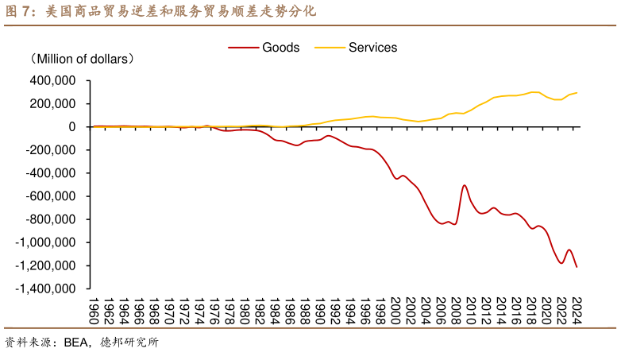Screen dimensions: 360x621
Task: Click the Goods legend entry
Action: (x=280, y=48)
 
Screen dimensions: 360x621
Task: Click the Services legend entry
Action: (x=372, y=48)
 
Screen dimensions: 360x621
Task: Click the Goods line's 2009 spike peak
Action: (x=465, y=185)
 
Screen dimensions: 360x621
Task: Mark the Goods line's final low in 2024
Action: (x=577, y=267)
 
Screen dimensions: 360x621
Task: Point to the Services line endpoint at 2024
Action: (x=577, y=93)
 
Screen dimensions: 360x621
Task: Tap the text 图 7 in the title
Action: (x=17, y=12)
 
